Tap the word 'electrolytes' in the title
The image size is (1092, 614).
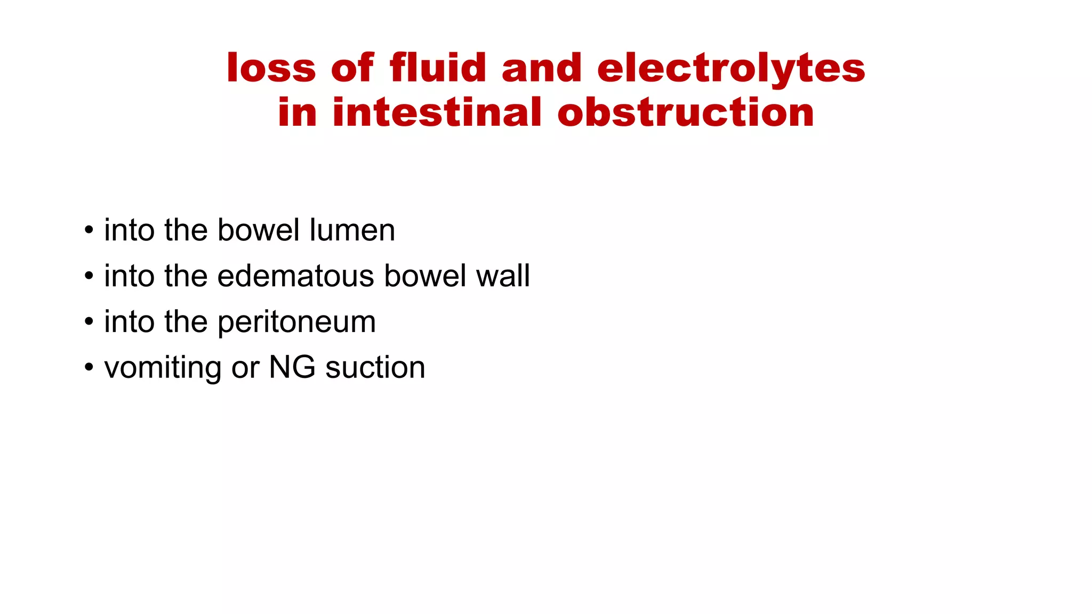point(731,69)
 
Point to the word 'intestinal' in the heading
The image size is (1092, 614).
point(437,113)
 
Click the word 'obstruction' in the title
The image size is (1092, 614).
point(686,113)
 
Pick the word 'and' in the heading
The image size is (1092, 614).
point(541,69)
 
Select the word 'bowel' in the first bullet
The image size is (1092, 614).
point(259,230)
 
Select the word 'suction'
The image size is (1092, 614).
point(375,368)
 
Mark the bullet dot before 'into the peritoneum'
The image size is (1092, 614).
point(89,322)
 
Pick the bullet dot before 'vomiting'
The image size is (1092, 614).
point(89,368)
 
